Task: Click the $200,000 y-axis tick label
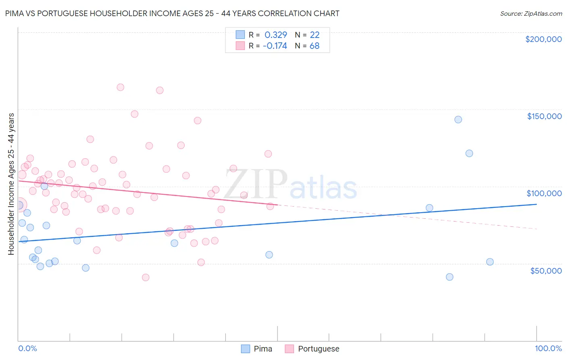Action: [x=543, y=39]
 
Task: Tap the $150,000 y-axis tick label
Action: [x=544, y=116]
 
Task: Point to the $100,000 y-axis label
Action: [x=544, y=193]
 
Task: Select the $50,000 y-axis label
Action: [x=546, y=270]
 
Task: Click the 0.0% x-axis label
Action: [x=27, y=348]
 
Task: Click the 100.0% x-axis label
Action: [x=548, y=348]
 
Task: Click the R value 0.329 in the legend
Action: [x=275, y=35]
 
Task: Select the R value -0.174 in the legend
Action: [x=275, y=46]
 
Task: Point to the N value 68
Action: [x=314, y=46]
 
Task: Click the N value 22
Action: [x=315, y=35]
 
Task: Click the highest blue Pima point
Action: [x=458, y=119]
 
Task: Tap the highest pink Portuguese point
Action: [x=120, y=87]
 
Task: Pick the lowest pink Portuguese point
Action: [x=146, y=277]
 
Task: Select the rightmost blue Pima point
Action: [x=490, y=262]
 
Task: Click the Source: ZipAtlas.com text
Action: [x=531, y=14]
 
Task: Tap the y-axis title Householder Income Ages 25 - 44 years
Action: [x=11, y=184]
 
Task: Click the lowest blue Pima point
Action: [x=450, y=277]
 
